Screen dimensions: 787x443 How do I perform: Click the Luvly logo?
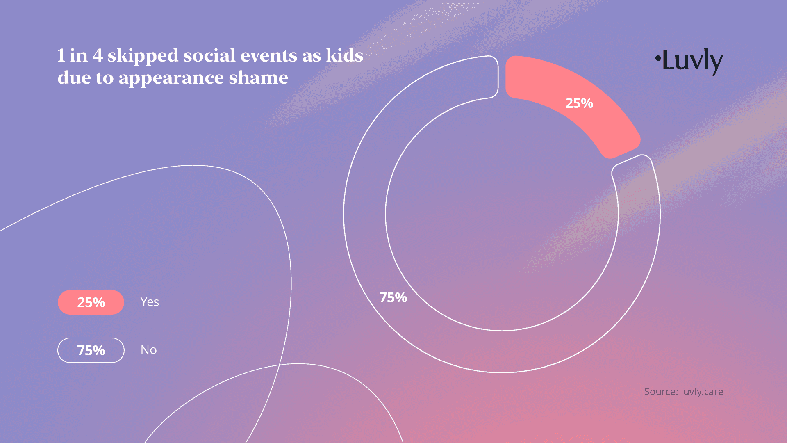[x=689, y=62]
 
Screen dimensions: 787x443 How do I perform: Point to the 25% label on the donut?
[x=579, y=103]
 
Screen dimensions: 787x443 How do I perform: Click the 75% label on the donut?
[x=393, y=297]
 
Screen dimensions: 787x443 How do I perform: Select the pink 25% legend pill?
[x=91, y=302]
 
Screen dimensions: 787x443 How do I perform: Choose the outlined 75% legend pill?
[x=91, y=350]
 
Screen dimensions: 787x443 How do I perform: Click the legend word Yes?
[x=150, y=302]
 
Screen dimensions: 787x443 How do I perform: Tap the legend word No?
[x=149, y=350]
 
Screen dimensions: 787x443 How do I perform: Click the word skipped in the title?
[x=143, y=56]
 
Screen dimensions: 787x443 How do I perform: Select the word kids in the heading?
[x=345, y=55]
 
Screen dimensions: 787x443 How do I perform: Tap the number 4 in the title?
[x=98, y=56]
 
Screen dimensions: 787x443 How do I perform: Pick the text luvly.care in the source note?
[x=702, y=392]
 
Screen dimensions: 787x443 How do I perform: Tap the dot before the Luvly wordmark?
[x=657, y=58]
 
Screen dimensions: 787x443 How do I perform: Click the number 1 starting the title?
[x=61, y=56]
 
